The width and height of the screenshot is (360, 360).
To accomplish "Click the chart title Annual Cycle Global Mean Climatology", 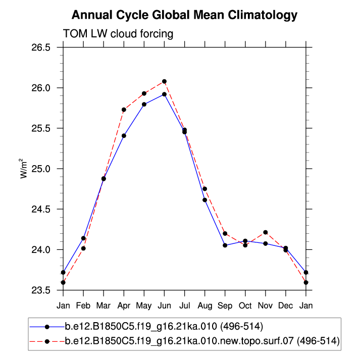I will coord(184,15).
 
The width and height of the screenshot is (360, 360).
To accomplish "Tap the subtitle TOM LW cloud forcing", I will coord(118,34).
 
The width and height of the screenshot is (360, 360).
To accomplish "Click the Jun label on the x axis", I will coord(164,305).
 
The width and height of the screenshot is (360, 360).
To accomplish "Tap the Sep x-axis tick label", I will coord(225,305).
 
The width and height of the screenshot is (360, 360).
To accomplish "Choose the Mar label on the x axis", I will coord(104,305).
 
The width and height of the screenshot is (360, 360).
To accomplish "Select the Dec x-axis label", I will coord(286,305).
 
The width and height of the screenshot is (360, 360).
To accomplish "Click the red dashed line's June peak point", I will coord(164,81).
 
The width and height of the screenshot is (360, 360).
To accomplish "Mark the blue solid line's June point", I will coord(164,94).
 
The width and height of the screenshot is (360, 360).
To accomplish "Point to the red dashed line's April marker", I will coord(124,110).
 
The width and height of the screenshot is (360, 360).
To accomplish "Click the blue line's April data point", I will coord(124,136).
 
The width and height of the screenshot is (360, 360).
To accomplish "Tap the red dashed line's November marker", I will coord(266,232).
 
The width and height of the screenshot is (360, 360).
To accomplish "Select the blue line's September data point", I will coord(225,245).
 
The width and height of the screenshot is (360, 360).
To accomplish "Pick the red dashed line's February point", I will coord(83,248).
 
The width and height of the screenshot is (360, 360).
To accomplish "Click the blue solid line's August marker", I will coord(204,200).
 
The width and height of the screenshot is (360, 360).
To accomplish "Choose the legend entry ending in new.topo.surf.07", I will coord(202,341).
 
